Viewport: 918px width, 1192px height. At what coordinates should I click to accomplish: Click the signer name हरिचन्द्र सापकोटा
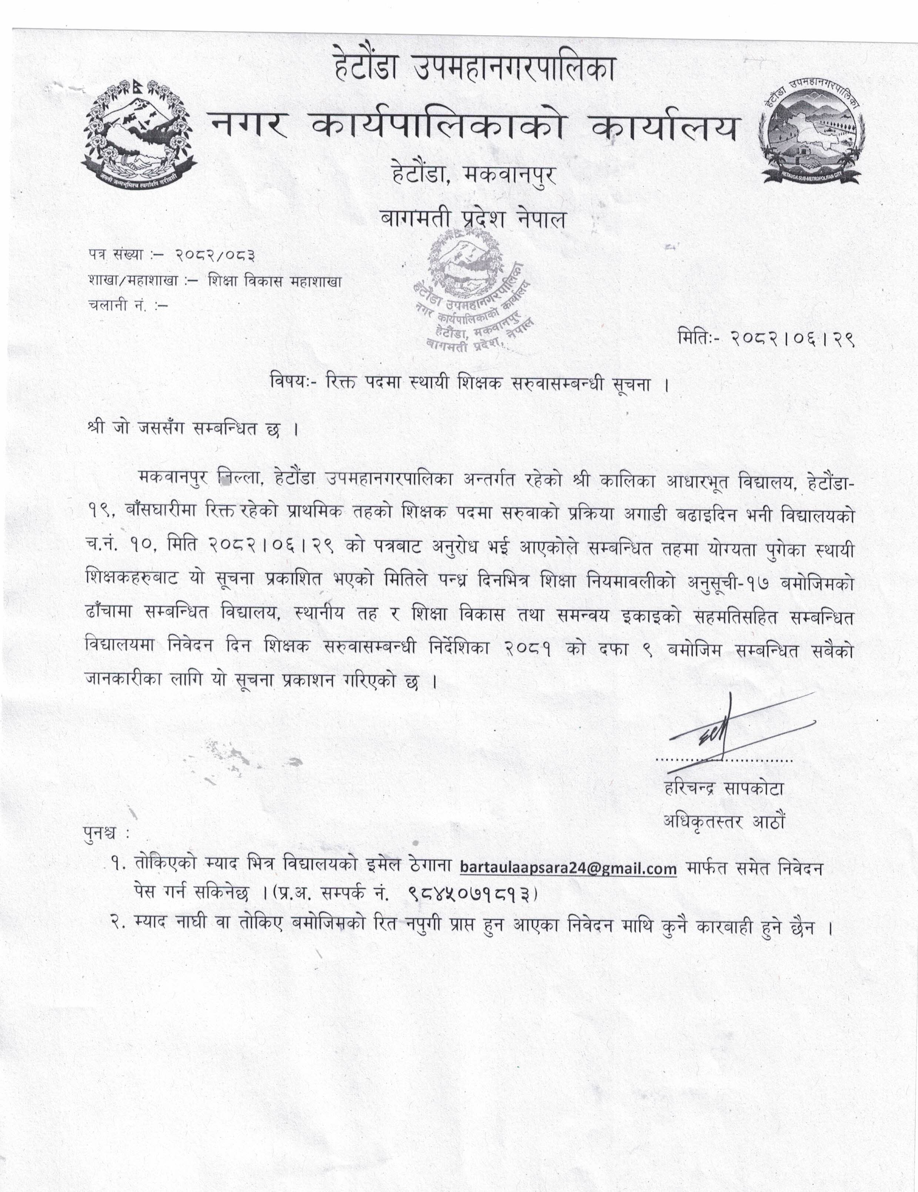(x=722, y=789)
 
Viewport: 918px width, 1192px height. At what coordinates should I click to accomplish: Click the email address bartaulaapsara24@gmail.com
(x=568, y=868)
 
